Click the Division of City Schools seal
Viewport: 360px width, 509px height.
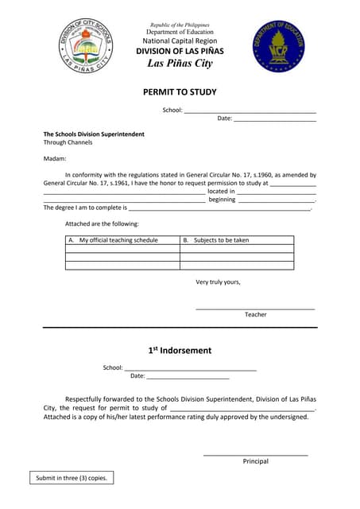click(x=88, y=46)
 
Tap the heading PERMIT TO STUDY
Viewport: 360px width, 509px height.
click(x=180, y=92)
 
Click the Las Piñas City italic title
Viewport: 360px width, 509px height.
click(x=180, y=64)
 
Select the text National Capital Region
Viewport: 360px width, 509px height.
click(x=180, y=41)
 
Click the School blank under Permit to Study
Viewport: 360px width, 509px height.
click(x=250, y=111)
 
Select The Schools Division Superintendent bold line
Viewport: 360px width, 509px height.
click(x=94, y=134)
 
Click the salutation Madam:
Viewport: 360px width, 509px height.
click(x=54, y=158)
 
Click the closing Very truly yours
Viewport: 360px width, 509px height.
click(x=218, y=282)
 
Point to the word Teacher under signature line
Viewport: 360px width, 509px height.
click(x=256, y=315)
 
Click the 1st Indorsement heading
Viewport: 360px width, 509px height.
click(x=180, y=351)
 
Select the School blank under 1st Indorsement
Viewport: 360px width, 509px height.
click(x=191, y=369)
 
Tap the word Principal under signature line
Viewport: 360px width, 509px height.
click(x=256, y=461)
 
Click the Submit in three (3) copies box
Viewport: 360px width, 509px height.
click(x=71, y=478)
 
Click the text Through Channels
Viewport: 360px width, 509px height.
click(x=68, y=142)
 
